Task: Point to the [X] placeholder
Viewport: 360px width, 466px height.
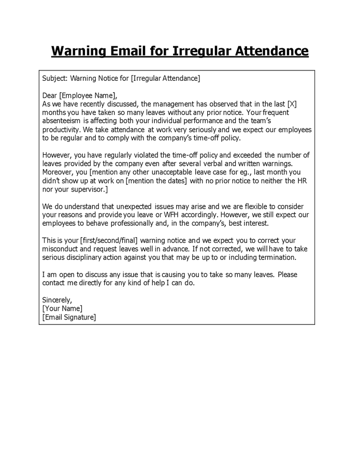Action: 292,104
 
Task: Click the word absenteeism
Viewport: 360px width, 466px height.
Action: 62,121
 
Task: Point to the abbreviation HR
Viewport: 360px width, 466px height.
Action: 304,181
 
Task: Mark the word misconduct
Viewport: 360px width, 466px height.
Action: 61,249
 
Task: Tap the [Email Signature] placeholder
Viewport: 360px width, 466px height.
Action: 69,317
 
